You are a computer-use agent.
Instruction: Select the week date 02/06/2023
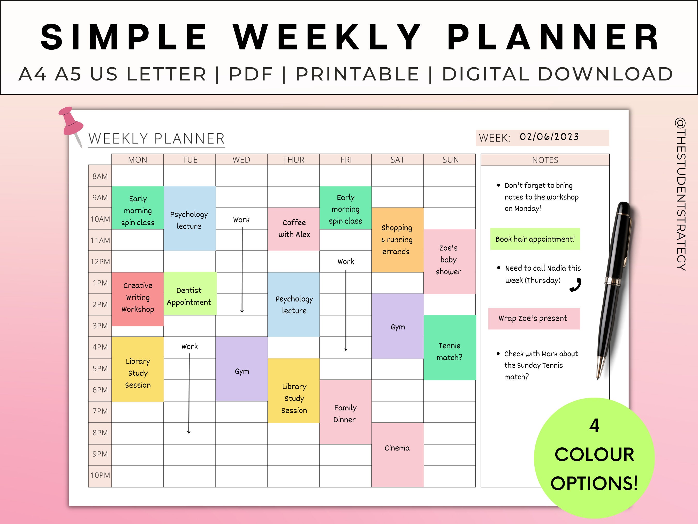click(549, 137)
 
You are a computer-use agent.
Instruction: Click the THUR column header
click(293, 160)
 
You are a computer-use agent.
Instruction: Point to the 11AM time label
click(100, 240)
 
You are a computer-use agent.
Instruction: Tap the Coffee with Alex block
click(294, 229)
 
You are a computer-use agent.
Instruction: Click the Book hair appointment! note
click(535, 239)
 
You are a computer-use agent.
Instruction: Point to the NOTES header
click(545, 160)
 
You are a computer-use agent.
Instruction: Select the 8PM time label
click(100, 433)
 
